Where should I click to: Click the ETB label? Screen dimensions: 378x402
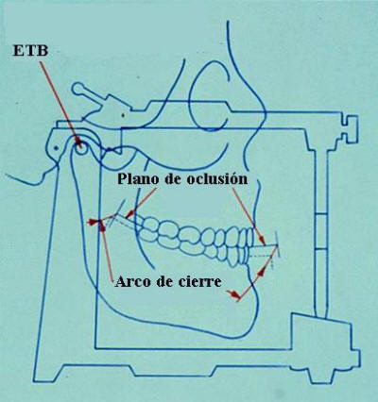pyautogui.click(x=30, y=51)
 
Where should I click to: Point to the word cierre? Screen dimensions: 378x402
pyautogui.click(x=200, y=281)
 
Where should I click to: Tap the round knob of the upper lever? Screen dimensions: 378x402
pyautogui.click(x=78, y=89)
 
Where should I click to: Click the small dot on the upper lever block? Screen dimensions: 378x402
pyautogui.click(x=123, y=115)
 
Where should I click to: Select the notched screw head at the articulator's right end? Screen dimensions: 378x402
pyautogui.click(x=350, y=128)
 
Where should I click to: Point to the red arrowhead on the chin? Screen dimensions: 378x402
pyautogui.click(x=233, y=294)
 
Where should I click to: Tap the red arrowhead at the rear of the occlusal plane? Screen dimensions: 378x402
pyautogui.click(x=93, y=223)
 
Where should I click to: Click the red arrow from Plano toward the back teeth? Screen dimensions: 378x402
pyautogui.click(x=141, y=204)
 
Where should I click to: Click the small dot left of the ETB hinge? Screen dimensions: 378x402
pyautogui.click(x=56, y=147)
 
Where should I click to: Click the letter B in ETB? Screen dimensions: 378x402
pyautogui.click(x=43, y=51)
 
